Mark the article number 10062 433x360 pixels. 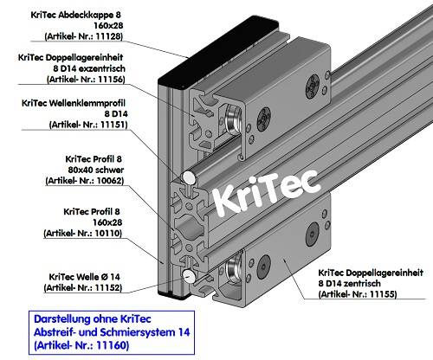(131, 182)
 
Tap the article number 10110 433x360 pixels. (131, 233)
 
